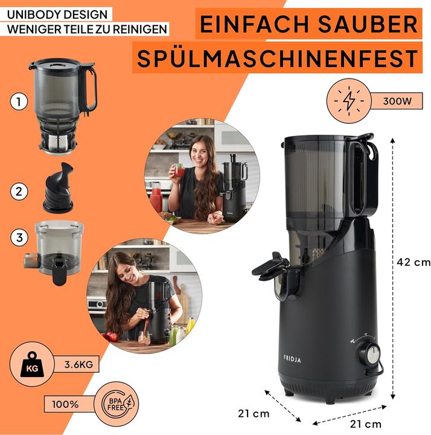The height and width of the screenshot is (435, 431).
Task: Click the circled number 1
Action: [19, 103]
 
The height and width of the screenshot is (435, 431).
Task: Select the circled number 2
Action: [19, 192]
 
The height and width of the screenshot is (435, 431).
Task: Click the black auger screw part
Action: [58, 188]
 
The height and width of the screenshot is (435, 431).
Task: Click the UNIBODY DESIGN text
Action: [57, 13]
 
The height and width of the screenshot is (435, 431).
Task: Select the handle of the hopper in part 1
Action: [90, 89]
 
